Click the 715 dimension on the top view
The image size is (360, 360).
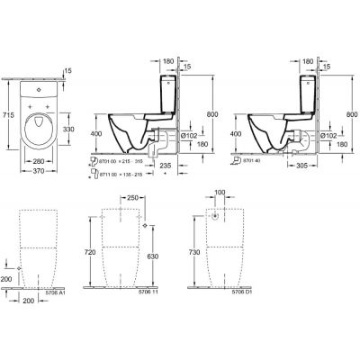pyautogui.click(x=7, y=116)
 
